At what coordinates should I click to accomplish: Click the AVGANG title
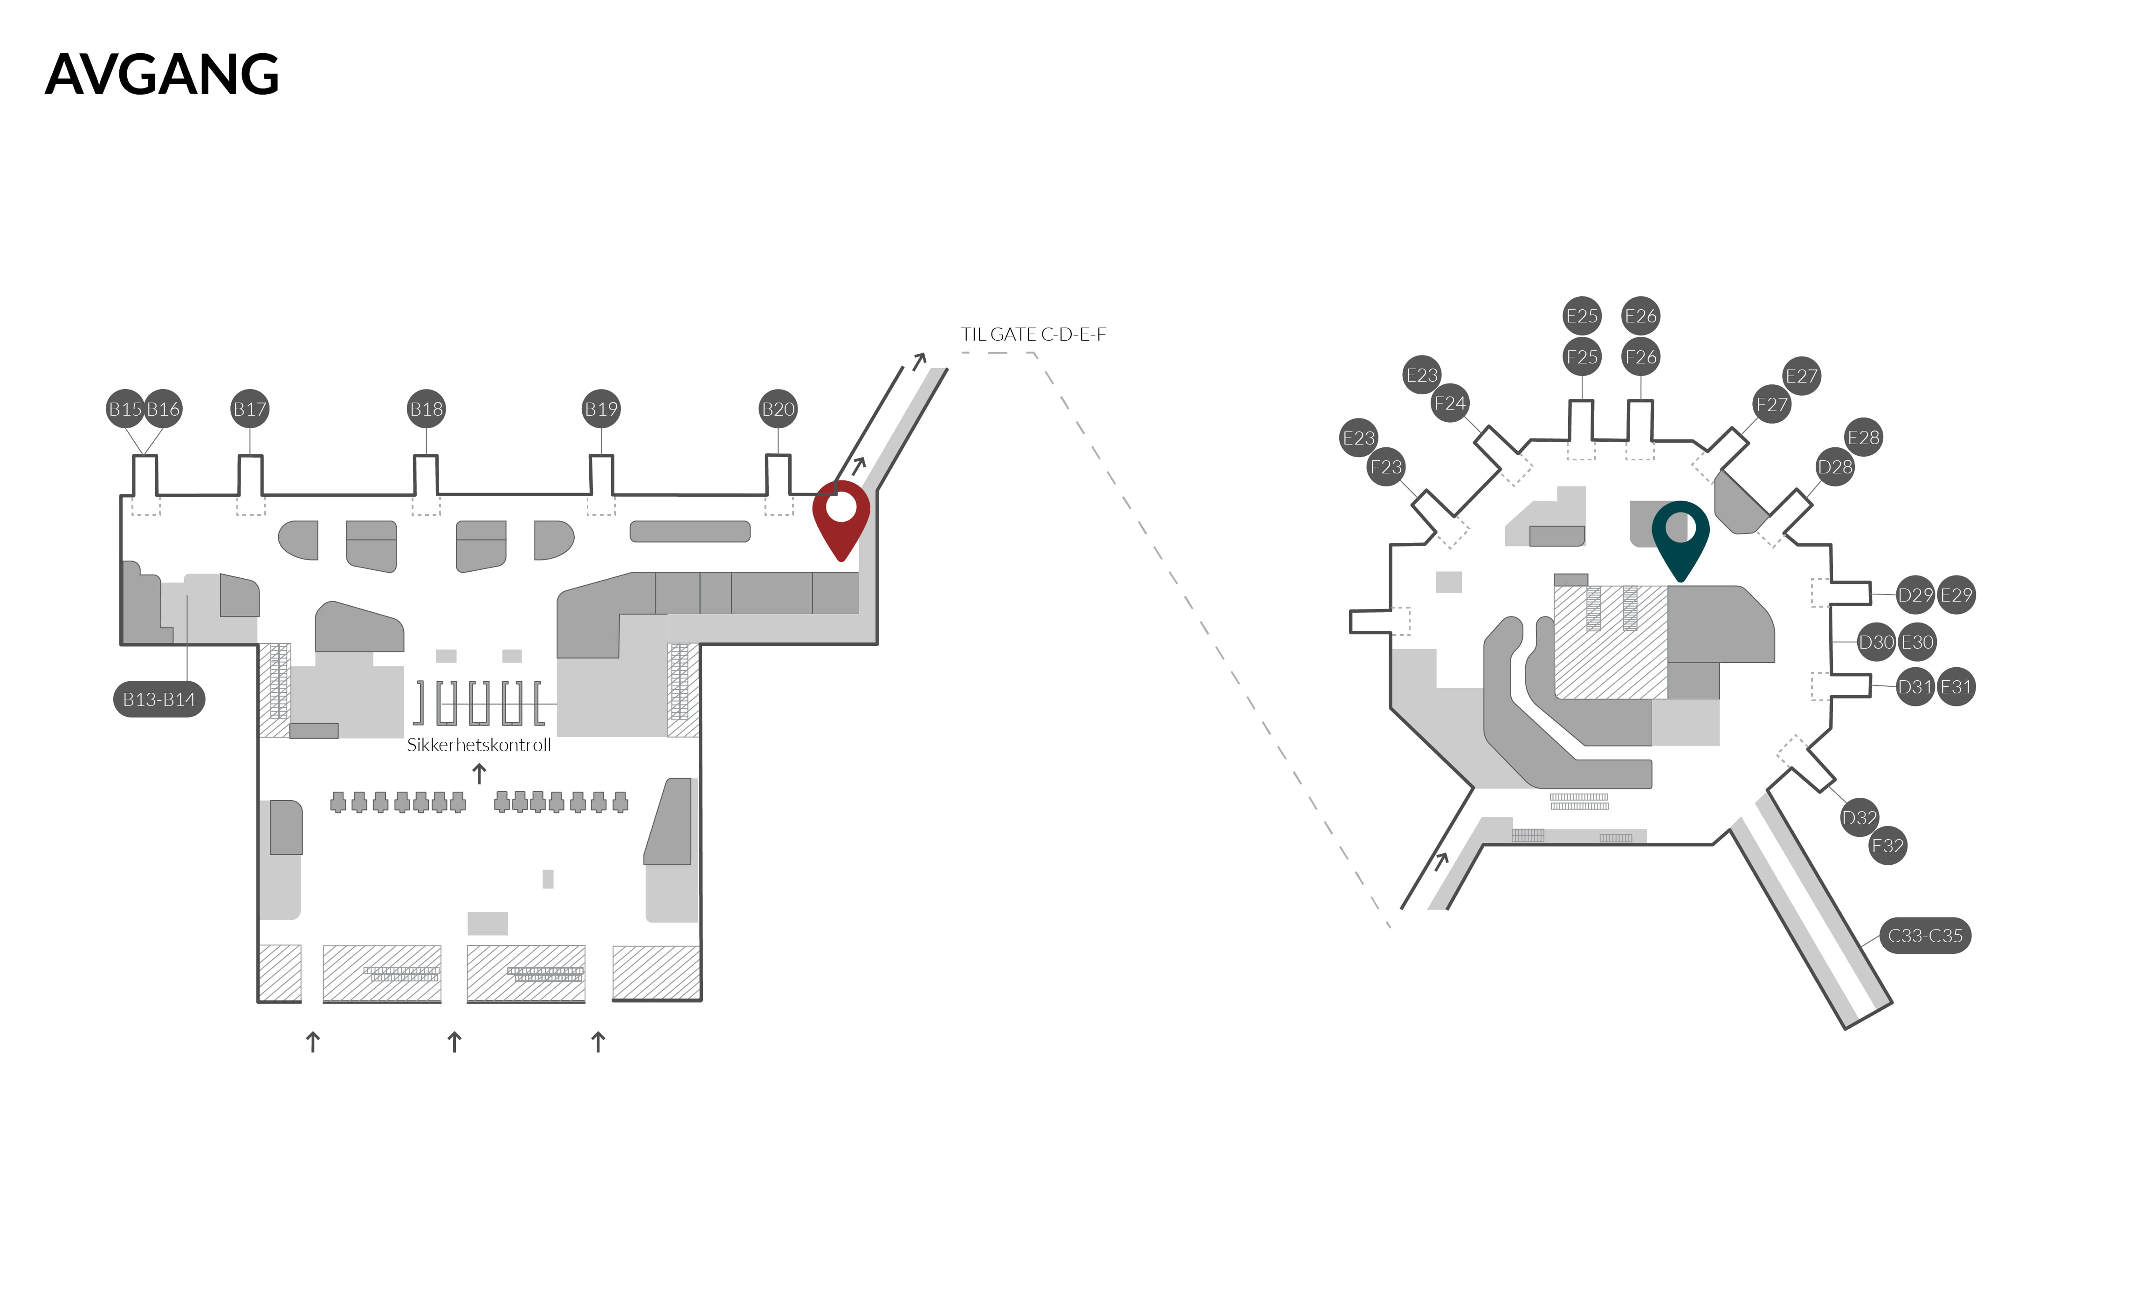[162, 75]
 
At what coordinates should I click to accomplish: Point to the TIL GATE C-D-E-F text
[1033, 335]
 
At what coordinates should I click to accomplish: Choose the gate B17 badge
[249, 409]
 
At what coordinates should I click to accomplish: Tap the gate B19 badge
[601, 409]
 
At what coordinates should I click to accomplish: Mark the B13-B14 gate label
[158, 699]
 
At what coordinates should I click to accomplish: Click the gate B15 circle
[125, 409]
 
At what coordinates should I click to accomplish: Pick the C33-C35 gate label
[1924, 936]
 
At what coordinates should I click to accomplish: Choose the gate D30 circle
[1876, 642]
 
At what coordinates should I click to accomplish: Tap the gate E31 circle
[1956, 687]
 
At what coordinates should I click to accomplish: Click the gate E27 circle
[1801, 376]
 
